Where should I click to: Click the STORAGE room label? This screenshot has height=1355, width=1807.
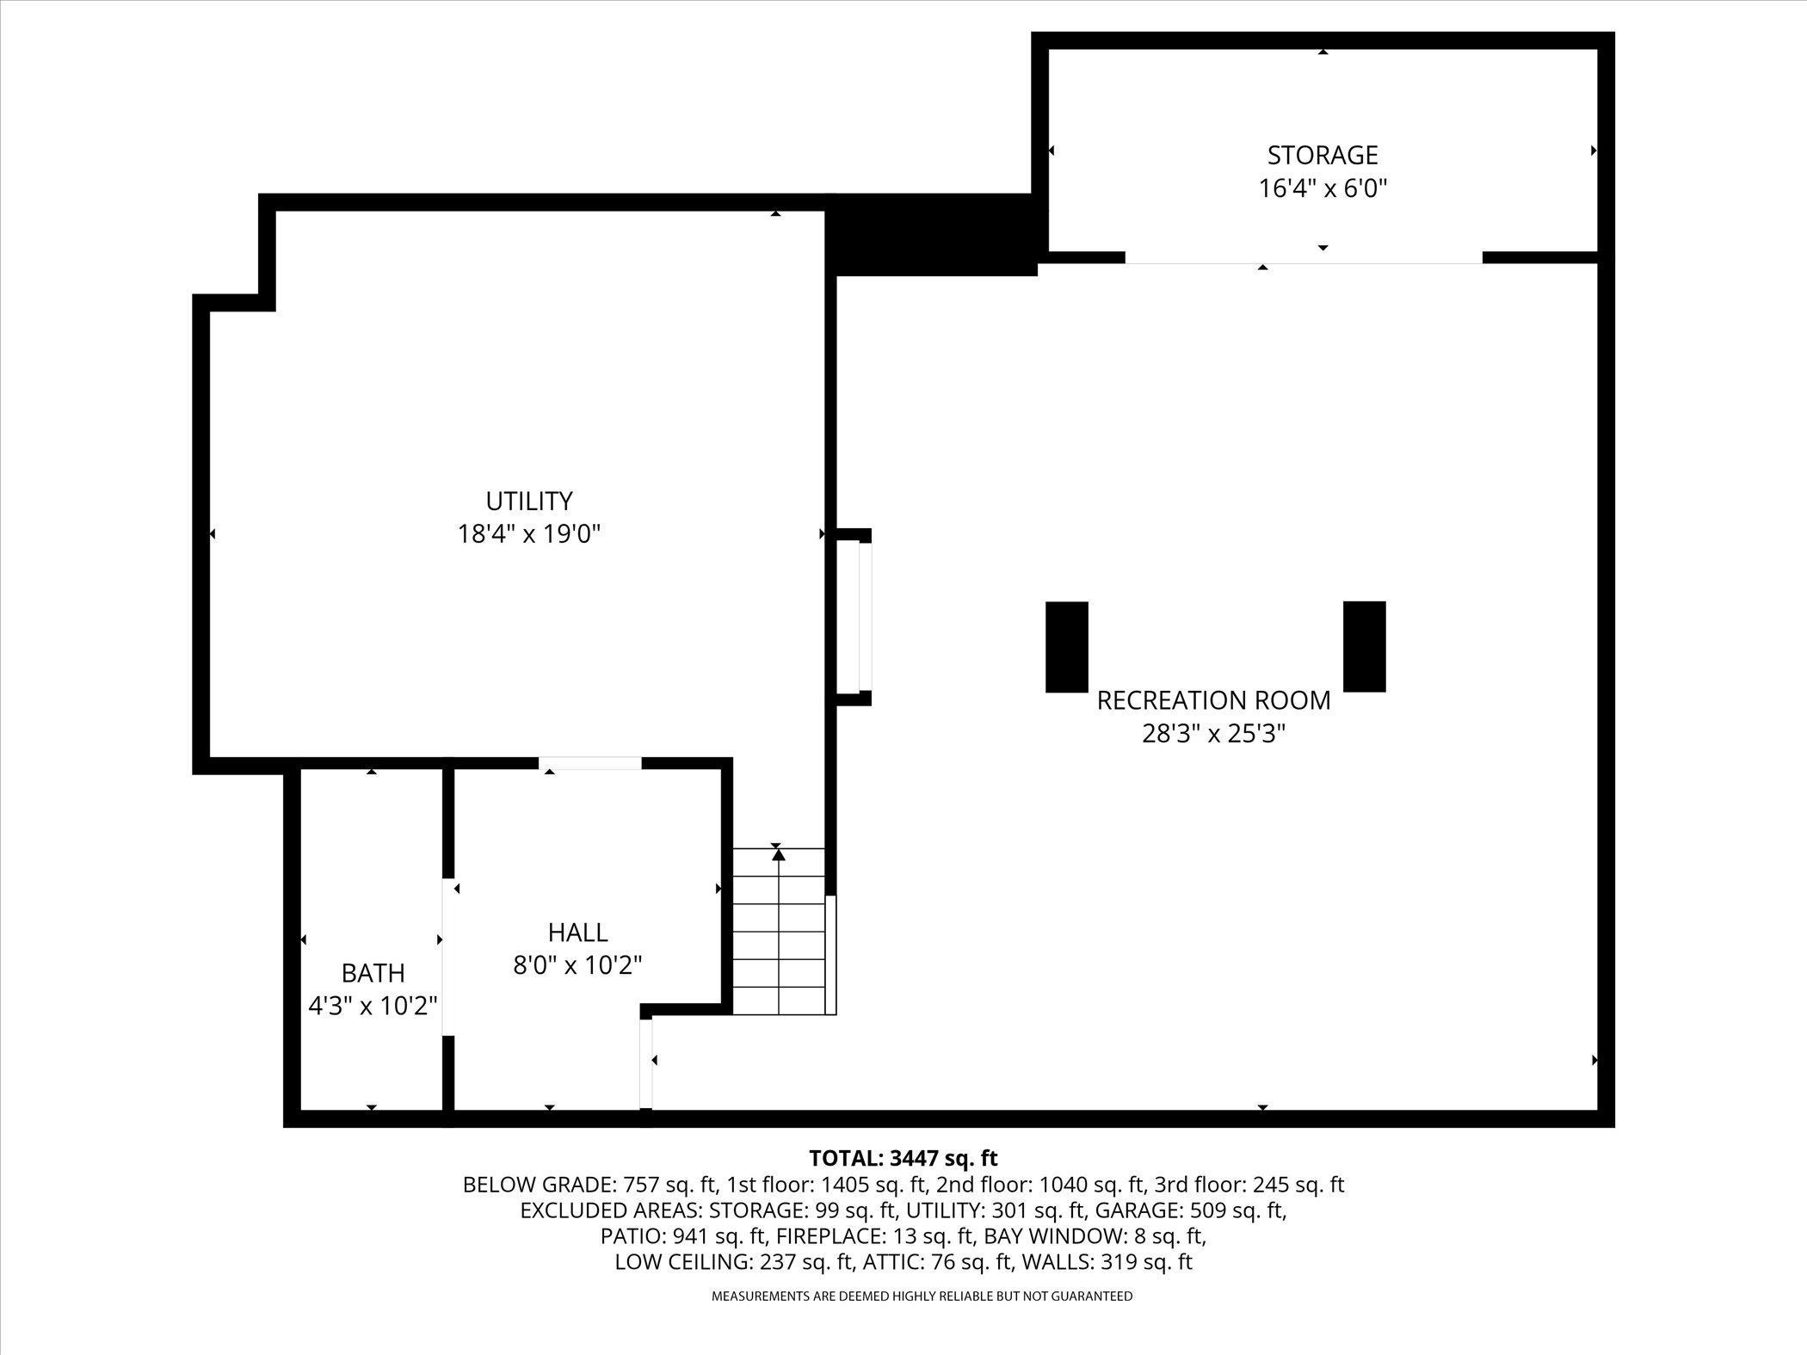pos(1323,155)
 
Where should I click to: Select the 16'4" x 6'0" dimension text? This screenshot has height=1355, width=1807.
pos(1323,188)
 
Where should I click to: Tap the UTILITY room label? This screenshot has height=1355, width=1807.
pos(528,501)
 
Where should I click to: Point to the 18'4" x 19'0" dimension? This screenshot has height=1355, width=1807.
pos(528,534)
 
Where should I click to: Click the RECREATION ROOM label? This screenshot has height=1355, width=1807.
pos(1213,700)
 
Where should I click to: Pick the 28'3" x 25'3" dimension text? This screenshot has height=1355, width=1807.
pos(1213,734)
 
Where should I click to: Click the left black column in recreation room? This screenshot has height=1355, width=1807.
pos(1066,646)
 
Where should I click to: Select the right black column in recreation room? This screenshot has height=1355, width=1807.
pos(1364,646)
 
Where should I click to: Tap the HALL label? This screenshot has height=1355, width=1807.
pos(577,932)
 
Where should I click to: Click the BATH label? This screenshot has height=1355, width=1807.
pos(373,973)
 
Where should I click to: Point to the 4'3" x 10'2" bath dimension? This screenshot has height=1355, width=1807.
pos(373,1005)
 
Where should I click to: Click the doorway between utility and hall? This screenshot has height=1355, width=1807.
pos(590,763)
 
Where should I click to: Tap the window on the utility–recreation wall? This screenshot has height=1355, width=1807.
pos(864,617)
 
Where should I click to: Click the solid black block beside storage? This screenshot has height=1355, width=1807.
pos(934,234)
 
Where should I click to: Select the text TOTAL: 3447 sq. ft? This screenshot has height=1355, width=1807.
pos(903,1158)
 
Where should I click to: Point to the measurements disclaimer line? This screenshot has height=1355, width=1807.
pos(922,1296)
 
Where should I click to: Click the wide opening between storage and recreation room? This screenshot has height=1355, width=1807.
pos(1303,258)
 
